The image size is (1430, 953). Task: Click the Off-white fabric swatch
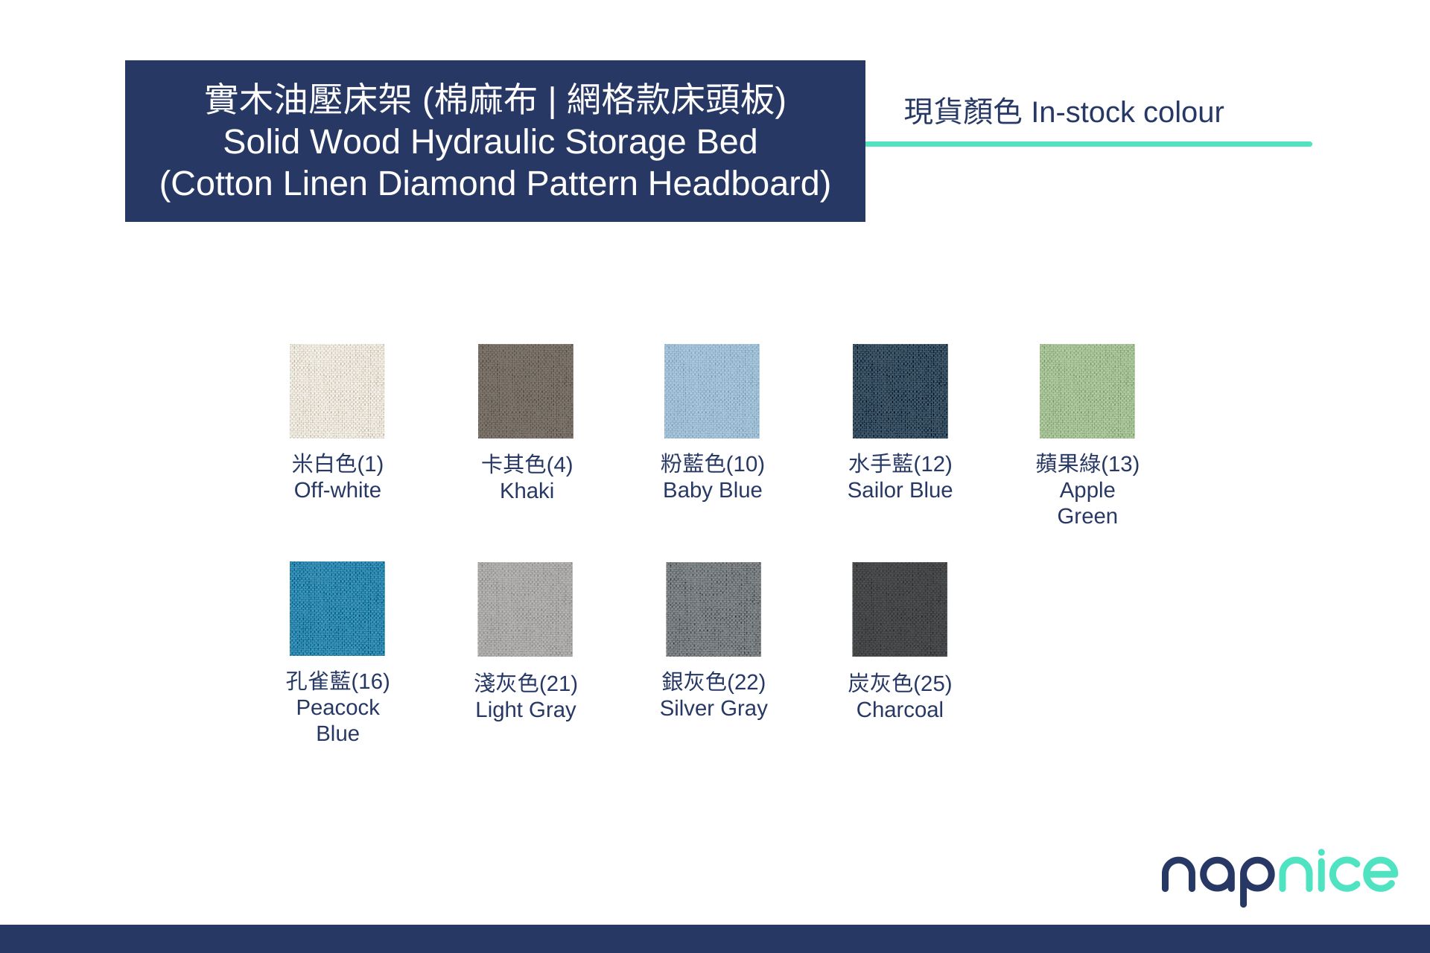pos(337,391)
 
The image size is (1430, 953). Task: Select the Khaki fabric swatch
pos(525,391)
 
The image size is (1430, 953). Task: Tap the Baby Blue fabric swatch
pos(712,391)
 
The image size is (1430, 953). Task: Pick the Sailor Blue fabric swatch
pos(900,391)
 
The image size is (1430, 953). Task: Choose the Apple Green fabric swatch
pos(1087,391)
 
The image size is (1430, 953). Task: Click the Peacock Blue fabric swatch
pos(337,608)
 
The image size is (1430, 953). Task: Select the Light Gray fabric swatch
pos(525,609)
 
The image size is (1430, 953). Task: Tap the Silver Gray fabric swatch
pos(714,609)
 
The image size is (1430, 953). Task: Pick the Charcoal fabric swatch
pos(900,609)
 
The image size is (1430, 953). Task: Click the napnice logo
pos(1280,876)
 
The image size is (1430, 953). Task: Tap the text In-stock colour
pos(1127,112)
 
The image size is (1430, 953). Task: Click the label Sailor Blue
pos(900,490)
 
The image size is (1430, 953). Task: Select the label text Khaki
pos(527,491)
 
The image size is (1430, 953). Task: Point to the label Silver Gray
pos(714,708)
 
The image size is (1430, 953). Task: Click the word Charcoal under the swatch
pos(900,710)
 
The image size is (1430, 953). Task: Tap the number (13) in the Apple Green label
pos(1120,464)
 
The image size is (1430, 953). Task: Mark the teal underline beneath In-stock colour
pos(1089,144)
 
